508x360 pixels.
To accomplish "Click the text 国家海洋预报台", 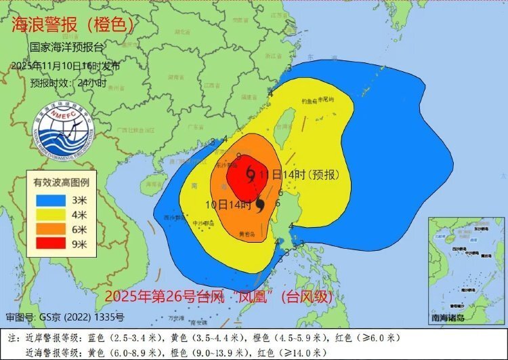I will click(x=67, y=49).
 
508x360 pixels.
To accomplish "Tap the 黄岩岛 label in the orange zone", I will click(x=248, y=235).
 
